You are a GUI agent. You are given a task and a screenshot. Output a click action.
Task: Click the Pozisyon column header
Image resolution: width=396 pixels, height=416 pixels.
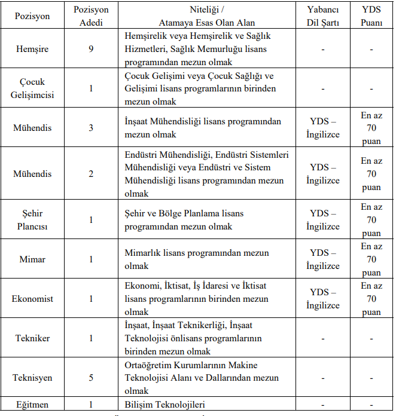click(x=32, y=17)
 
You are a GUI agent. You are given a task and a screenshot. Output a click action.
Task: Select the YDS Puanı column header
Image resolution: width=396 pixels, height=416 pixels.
click(x=371, y=17)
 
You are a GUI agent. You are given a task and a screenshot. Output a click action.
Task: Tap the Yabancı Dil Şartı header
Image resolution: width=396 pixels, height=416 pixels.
click(x=322, y=17)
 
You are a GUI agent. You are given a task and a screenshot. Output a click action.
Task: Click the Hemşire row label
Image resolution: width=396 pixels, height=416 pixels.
click(x=32, y=48)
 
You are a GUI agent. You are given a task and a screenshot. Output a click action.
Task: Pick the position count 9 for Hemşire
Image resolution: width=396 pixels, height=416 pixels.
click(x=92, y=48)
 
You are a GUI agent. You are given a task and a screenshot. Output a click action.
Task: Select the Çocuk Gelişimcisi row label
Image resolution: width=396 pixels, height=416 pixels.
click(x=32, y=88)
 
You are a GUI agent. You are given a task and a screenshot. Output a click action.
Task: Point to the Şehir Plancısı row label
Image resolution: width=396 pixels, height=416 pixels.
click(x=32, y=220)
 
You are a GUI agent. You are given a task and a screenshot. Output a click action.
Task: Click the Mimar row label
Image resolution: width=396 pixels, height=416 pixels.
click(x=32, y=259)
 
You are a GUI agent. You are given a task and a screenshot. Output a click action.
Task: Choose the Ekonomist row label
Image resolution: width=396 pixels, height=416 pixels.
click(x=32, y=299)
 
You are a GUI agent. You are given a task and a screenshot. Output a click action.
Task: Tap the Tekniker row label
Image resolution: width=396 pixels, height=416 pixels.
click(x=32, y=338)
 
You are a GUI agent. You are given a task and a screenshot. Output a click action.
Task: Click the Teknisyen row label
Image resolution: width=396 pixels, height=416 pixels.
click(x=32, y=378)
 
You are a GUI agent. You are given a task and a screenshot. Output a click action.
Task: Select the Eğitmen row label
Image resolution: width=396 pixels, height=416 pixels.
click(x=32, y=405)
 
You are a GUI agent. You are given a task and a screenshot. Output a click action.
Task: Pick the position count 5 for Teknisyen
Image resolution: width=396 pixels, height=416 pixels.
click(x=92, y=378)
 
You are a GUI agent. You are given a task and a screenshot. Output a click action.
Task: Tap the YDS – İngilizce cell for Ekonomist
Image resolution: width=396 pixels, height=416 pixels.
click(x=322, y=299)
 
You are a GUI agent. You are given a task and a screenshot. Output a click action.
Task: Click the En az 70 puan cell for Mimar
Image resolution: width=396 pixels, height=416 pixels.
click(x=371, y=259)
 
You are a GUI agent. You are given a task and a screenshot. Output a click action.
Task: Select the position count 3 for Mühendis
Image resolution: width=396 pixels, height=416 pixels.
click(x=92, y=128)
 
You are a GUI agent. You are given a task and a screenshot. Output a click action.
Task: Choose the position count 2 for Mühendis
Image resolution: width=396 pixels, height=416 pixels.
click(x=92, y=174)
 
